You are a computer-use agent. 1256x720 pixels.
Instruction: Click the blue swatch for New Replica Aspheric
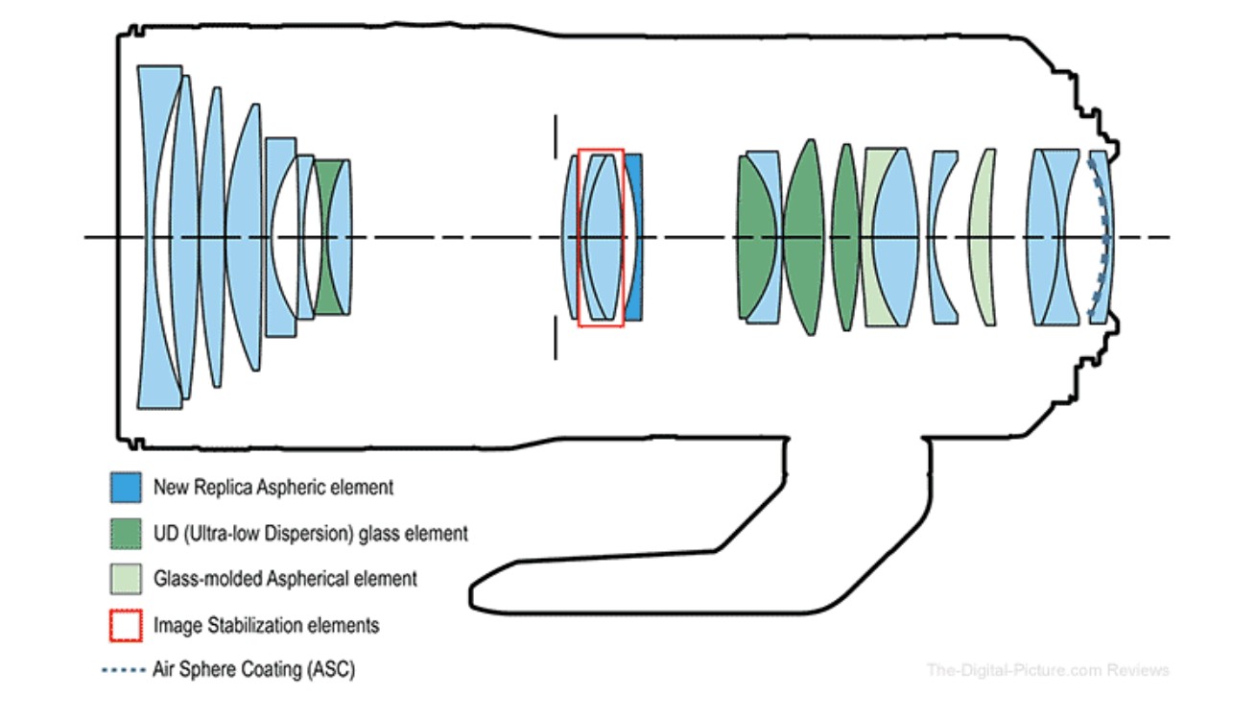point(127,487)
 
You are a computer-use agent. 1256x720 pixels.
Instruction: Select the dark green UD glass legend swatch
point(127,533)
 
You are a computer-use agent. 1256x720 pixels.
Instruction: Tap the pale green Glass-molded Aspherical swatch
point(127,579)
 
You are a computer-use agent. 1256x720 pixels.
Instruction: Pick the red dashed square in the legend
point(127,626)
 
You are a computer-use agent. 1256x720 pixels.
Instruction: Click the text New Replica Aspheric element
point(273,488)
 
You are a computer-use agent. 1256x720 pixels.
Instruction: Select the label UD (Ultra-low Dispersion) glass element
point(311,533)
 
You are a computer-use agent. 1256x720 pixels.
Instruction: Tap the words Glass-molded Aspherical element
point(285,579)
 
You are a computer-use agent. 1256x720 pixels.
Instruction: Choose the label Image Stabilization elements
point(266,626)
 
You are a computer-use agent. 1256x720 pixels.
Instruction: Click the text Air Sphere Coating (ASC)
point(253,669)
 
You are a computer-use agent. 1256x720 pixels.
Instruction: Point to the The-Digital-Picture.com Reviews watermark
point(1048,669)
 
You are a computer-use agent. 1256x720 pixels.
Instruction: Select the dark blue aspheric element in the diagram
point(633,236)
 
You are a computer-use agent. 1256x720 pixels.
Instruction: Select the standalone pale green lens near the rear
point(983,236)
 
